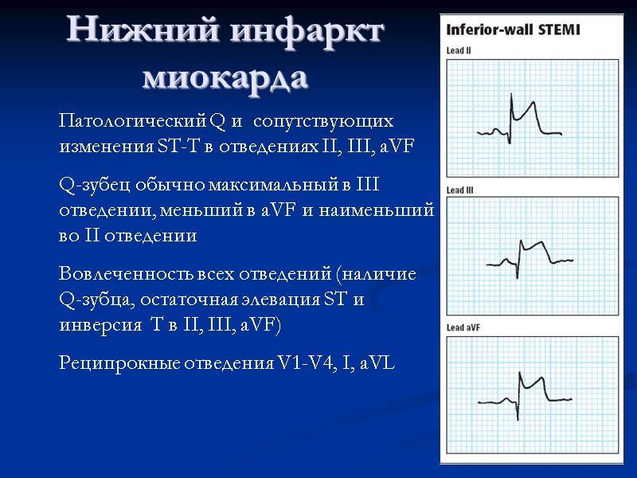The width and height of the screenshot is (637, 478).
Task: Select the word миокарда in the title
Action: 225,77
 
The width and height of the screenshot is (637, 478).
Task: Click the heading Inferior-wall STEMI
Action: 513,31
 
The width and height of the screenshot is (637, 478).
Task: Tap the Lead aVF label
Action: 463,328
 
